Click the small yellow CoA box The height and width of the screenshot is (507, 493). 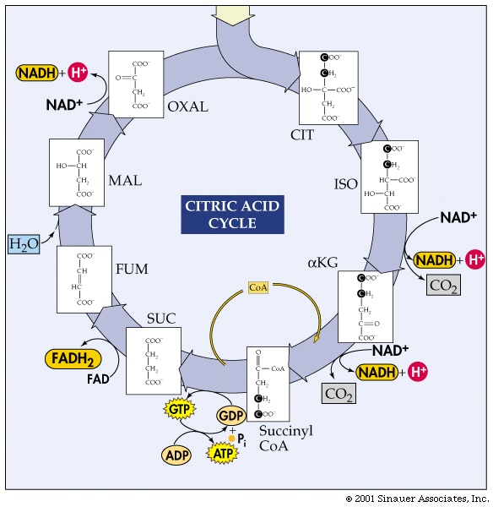[258, 288]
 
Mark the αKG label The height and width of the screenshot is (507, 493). [322, 263]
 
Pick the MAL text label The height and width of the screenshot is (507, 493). [126, 181]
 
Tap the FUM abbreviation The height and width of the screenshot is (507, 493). [132, 269]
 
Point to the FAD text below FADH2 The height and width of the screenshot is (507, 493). [98, 379]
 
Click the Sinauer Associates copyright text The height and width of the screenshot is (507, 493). [416, 499]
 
